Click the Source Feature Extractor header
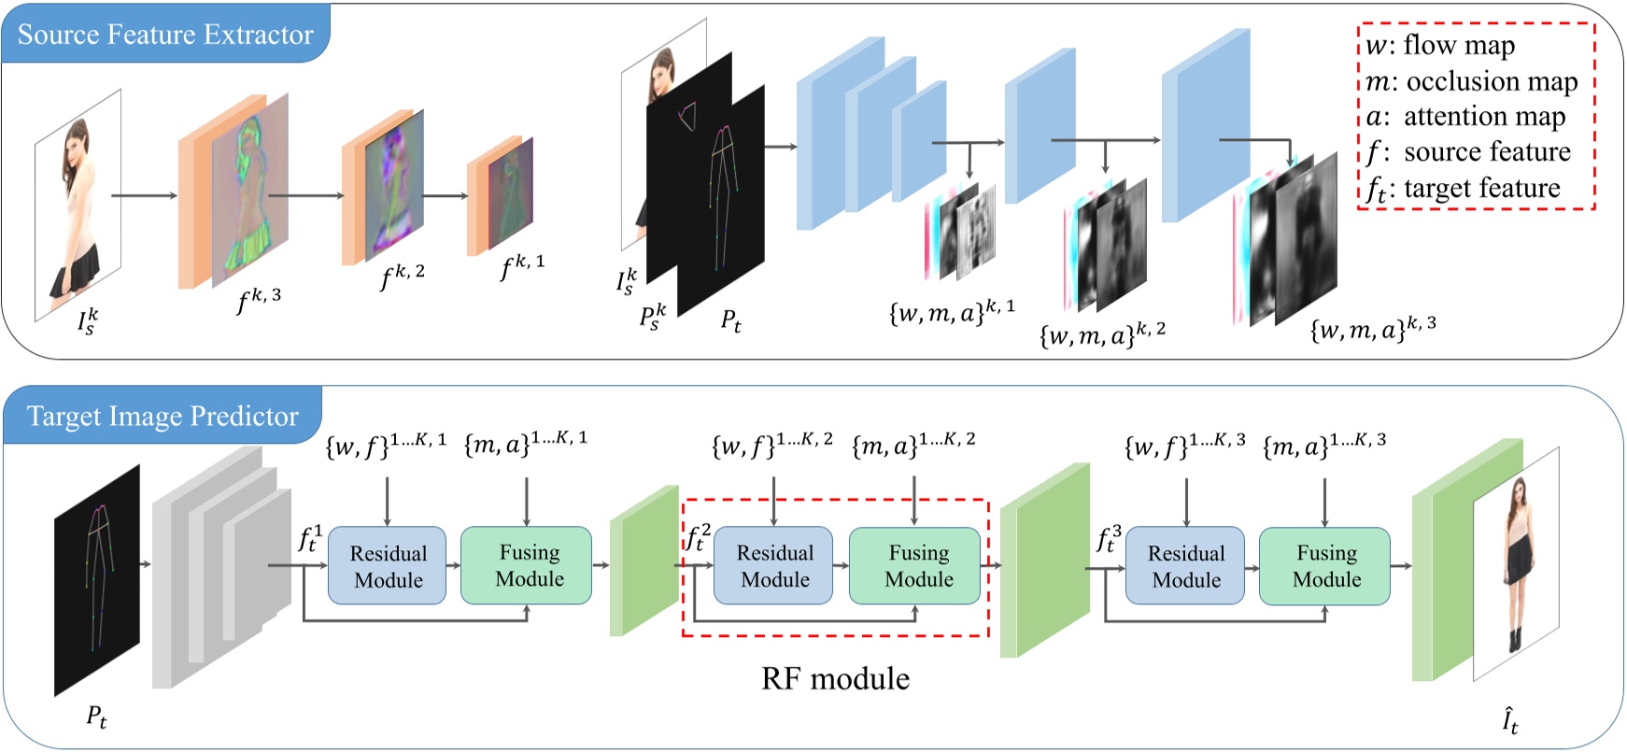pyautogui.click(x=165, y=35)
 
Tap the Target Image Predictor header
pyautogui.click(x=163, y=416)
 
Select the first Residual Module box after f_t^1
pyautogui.click(x=388, y=566)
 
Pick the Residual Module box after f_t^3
pyautogui.click(x=1185, y=566)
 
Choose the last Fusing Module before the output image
pyautogui.click(x=1324, y=566)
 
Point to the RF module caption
pyautogui.click(x=835, y=678)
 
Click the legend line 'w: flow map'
pyautogui.click(x=1439, y=46)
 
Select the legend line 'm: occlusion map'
pyautogui.click(x=1471, y=82)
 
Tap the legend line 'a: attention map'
pyautogui.click(x=1465, y=117)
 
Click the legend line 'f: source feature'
pyautogui.click(x=1468, y=152)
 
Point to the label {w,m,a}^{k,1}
pyautogui.click(x=951, y=311)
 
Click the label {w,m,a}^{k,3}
pyautogui.click(x=1373, y=329)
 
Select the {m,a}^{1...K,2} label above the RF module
pyautogui.click(x=913, y=445)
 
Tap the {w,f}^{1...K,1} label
pyautogui.click(x=386, y=444)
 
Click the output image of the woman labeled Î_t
pyautogui.click(x=1516, y=563)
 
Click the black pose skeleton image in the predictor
pyautogui.click(x=97, y=579)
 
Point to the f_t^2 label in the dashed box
pyautogui.click(x=699, y=538)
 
